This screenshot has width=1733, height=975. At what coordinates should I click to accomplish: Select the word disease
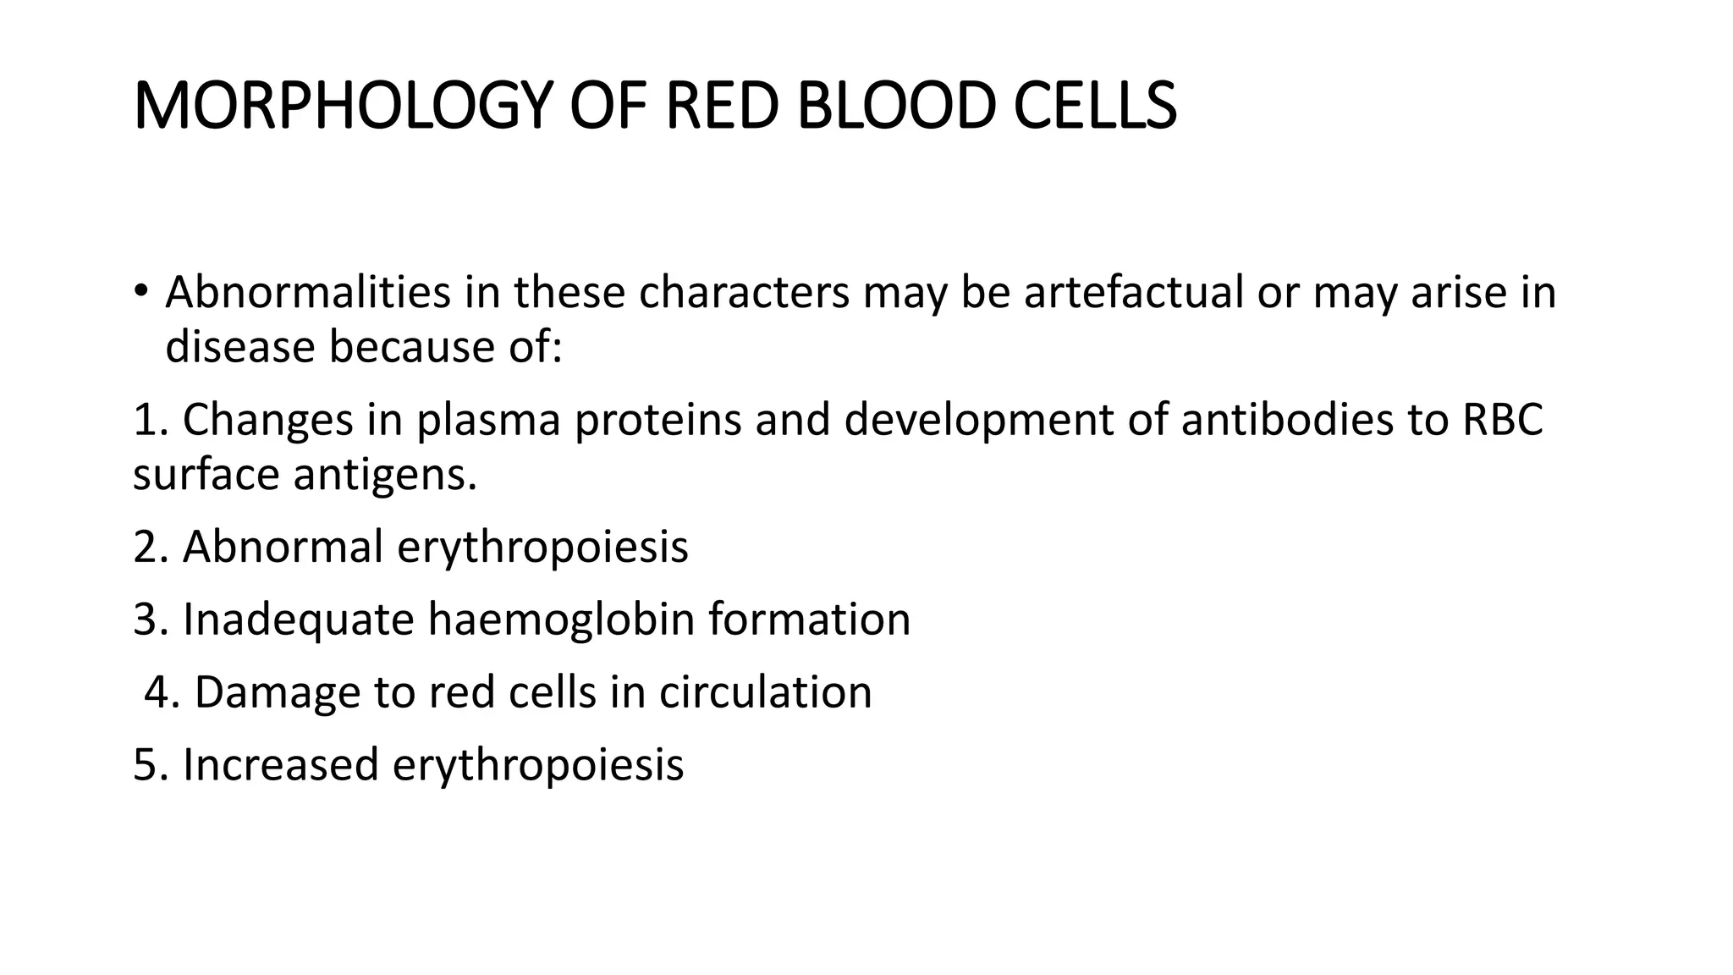click(240, 347)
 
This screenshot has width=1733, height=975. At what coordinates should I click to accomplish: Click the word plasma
click(488, 421)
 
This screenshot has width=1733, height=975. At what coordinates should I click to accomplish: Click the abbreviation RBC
click(1502, 420)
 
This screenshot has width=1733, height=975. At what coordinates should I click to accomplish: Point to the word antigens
click(385, 476)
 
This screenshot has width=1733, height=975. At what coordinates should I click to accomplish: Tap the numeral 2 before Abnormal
click(146, 547)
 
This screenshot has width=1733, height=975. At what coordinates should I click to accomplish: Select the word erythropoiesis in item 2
click(542, 548)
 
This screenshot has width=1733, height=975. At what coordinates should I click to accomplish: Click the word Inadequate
click(298, 620)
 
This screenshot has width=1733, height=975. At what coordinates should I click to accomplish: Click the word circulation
click(765, 692)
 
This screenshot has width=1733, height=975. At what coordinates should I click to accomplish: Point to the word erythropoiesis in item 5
click(537, 766)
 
